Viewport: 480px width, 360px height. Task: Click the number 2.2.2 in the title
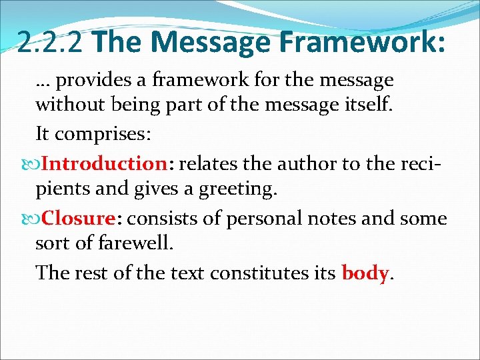(52, 42)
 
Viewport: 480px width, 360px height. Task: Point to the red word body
(365, 273)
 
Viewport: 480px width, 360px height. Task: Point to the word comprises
(103, 134)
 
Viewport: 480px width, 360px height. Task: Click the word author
(311, 164)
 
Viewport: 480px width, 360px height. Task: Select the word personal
(255, 219)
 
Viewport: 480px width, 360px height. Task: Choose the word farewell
(137, 243)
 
